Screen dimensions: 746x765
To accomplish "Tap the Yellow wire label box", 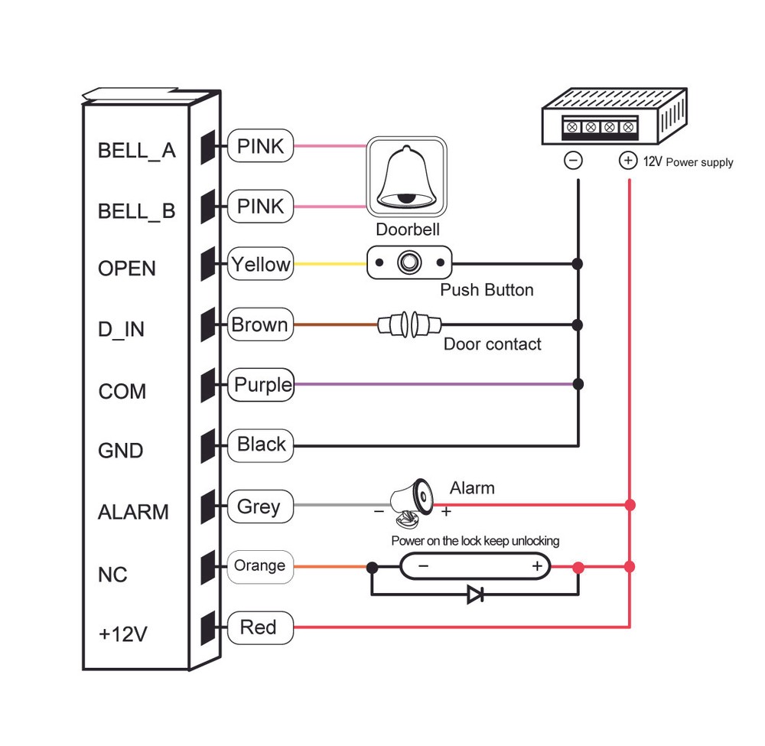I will click(261, 265).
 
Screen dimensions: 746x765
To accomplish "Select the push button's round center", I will click(409, 264).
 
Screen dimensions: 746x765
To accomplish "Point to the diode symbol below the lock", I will click(475, 594).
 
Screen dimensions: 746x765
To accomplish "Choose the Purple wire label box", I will click(261, 384).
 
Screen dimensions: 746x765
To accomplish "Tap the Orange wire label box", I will click(260, 566).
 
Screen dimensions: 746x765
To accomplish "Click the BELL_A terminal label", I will click(136, 150).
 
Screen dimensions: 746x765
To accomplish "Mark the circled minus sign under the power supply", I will click(574, 161).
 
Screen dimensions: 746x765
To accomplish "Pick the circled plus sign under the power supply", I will click(627, 161).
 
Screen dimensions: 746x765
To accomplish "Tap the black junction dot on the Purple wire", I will click(578, 383).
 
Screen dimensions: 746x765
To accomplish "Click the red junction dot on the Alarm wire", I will click(630, 505).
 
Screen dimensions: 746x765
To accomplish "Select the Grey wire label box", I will click(260, 506).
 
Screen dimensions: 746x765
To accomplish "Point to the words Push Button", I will click(487, 290).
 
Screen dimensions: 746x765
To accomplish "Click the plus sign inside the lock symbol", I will click(537, 566).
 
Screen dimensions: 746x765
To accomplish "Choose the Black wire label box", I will click(261, 445).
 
